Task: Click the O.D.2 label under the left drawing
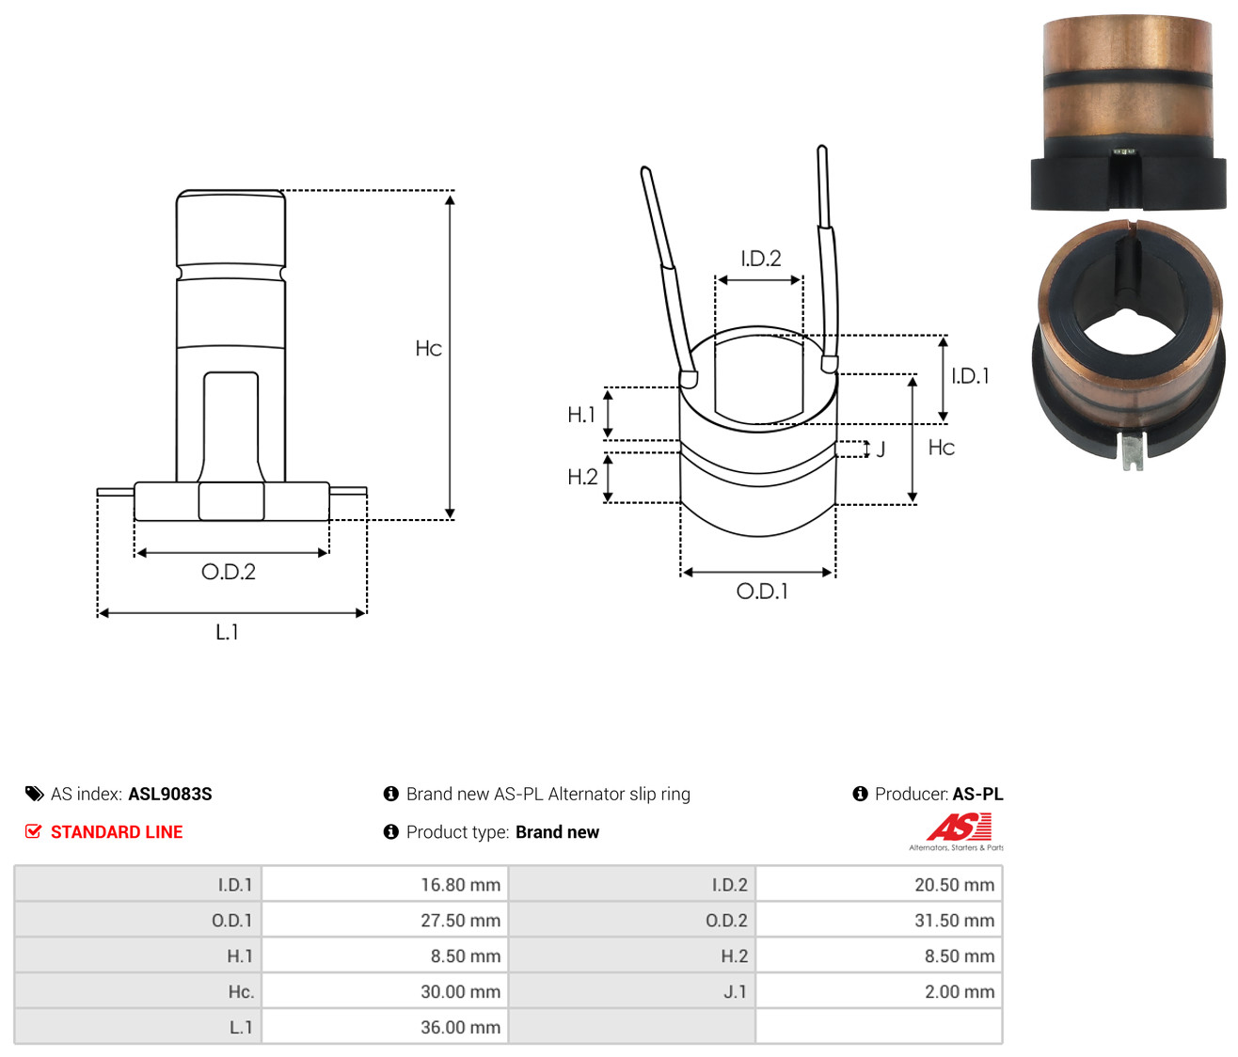[x=229, y=572]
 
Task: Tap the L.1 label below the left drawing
[x=227, y=632]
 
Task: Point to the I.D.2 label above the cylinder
[x=761, y=259]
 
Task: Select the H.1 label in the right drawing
[x=581, y=415]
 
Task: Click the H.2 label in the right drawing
[x=582, y=477]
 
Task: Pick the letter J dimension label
[x=881, y=450]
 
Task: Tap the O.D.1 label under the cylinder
[x=762, y=592]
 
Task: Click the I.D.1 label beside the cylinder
[x=970, y=376]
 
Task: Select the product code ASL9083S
[x=170, y=794]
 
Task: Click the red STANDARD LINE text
[x=117, y=832]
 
